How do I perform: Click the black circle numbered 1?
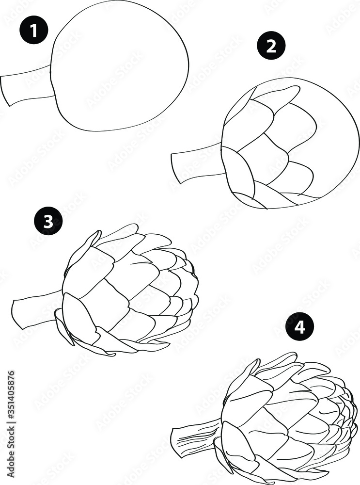33,32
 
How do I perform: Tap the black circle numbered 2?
271,46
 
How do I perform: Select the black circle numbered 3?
48,222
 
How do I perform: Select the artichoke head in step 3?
131,291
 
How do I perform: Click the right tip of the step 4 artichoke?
357,412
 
